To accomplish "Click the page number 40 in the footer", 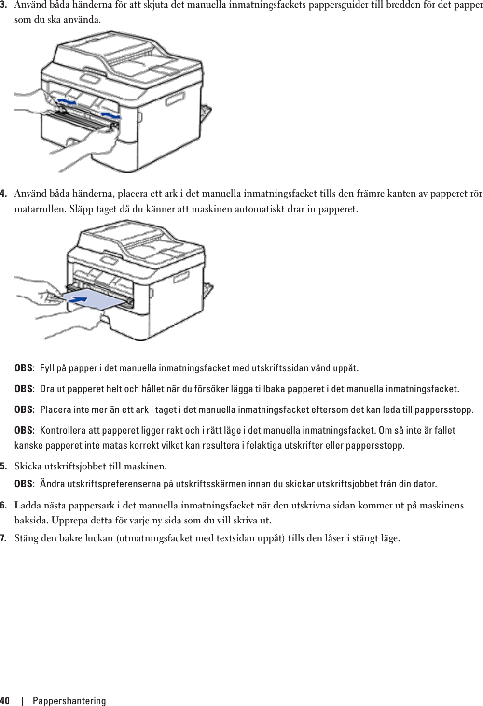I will point(5,701).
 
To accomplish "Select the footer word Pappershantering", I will point(69,701).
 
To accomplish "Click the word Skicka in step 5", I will point(28,466).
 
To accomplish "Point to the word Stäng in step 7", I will point(27,538).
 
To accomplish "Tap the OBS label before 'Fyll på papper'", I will point(24,368).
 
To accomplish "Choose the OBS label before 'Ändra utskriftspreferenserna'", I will point(24,484).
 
